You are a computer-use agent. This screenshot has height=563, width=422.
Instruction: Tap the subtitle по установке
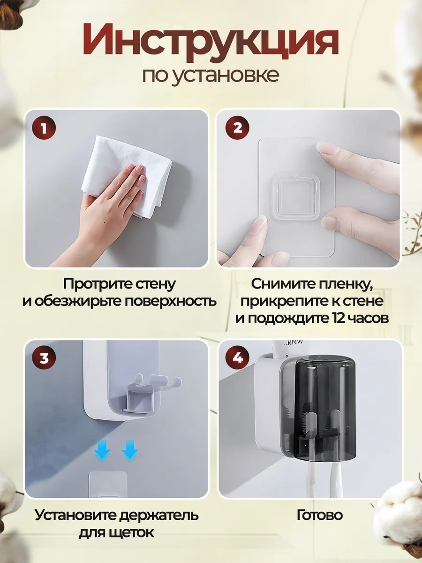pyautogui.click(x=211, y=75)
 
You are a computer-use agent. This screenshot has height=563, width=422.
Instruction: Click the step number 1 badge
pyautogui.click(x=44, y=128)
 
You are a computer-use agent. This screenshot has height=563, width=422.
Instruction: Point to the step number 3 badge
pyautogui.click(x=44, y=359)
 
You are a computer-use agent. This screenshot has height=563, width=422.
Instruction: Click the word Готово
pyautogui.click(x=320, y=515)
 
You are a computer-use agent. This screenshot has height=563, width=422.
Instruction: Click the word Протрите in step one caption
pyautogui.click(x=90, y=284)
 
